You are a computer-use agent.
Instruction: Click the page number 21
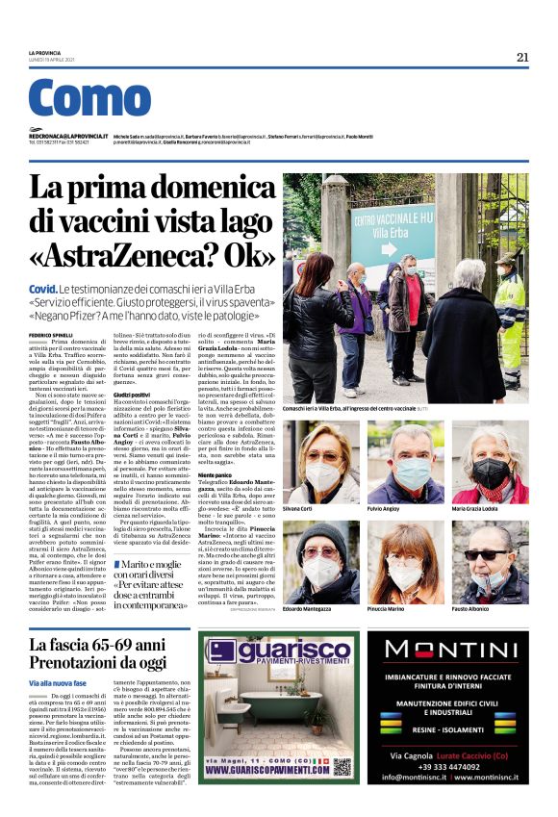pyautogui.click(x=522, y=57)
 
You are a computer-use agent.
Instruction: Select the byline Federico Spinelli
pyautogui.click(x=50, y=334)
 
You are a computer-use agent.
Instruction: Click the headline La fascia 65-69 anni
pyautogui.click(x=95, y=645)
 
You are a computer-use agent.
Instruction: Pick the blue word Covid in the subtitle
pyautogui.click(x=42, y=290)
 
